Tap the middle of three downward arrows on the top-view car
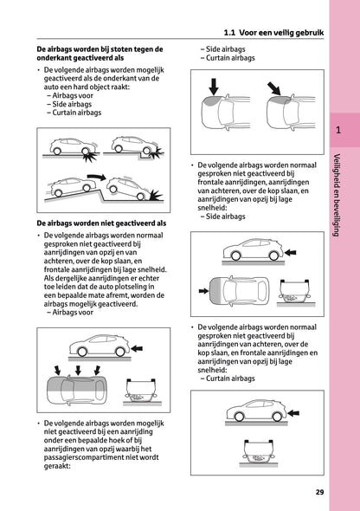[77, 371]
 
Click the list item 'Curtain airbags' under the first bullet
[74, 113]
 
